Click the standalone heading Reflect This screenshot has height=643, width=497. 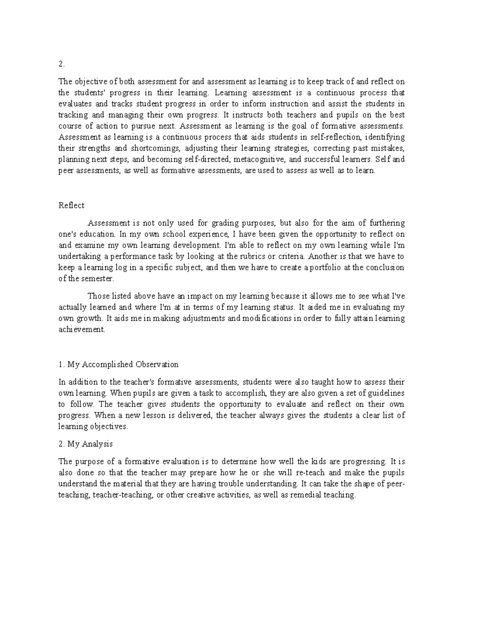click(71, 205)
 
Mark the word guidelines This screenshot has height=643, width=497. click(386, 393)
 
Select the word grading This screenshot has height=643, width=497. click(224, 223)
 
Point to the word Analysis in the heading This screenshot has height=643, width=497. click(97, 444)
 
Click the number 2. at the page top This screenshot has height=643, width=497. click(62, 64)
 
